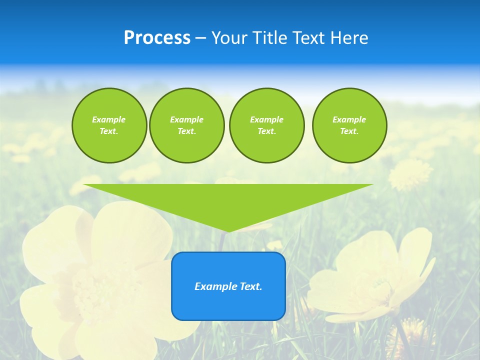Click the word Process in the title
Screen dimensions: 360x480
click(x=157, y=38)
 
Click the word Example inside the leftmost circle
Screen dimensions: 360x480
click(x=109, y=119)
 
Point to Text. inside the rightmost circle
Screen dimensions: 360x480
click(x=349, y=131)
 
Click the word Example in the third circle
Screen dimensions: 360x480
click(x=266, y=119)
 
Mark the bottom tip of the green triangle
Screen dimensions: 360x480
click(x=228, y=230)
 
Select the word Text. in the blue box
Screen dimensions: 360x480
click(x=250, y=286)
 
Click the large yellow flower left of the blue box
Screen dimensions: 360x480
click(x=100, y=280)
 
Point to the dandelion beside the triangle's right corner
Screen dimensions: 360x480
click(x=410, y=174)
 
